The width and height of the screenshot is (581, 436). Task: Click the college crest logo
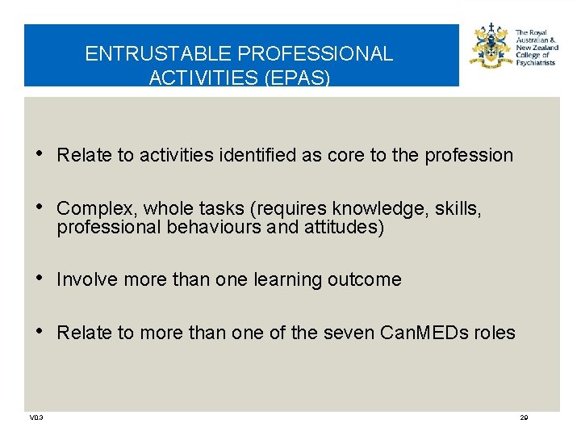coord(491,48)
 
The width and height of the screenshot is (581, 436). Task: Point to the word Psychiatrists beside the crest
coord(535,62)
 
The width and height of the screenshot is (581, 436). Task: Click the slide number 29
coord(524,417)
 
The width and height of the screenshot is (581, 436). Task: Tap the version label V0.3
coord(36,417)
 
